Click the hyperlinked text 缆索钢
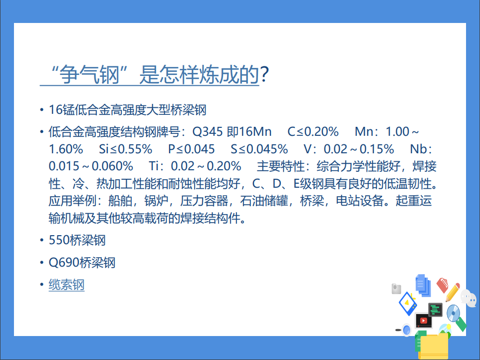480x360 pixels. pyautogui.click(x=66, y=285)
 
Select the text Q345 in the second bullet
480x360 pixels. pyautogui.click(x=207, y=132)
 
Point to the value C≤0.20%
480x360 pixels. pyautogui.click(x=313, y=132)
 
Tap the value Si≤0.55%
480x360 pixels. pyautogui.click(x=126, y=149)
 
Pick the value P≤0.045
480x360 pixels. pyautogui.click(x=191, y=149)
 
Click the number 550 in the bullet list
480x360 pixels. pyautogui.click(x=59, y=240)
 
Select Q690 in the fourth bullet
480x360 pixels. pyautogui.click(x=64, y=263)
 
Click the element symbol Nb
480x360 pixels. pyautogui.click(x=418, y=149)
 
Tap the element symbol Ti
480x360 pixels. pyautogui.click(x=153, y=166)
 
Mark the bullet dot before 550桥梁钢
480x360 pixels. pyautogui.click(x=41, y=240)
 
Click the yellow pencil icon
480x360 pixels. pyautogui.click(x=453, y=292)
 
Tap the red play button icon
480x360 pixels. pyautogui.click(x=424, y=321)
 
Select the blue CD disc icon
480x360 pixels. pyautogui.click(x=454, y=313)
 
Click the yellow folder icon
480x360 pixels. pyautogui.click(x=434, y=347)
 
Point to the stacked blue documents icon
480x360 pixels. pyautogui.click(x=423, y=285)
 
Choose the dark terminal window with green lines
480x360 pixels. pyautogui.click(x=435, y=310)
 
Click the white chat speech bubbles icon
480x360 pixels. pyautogui.click(x=469, y=298)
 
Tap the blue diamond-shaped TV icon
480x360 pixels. pyautogui.click(x=408, y=304)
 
